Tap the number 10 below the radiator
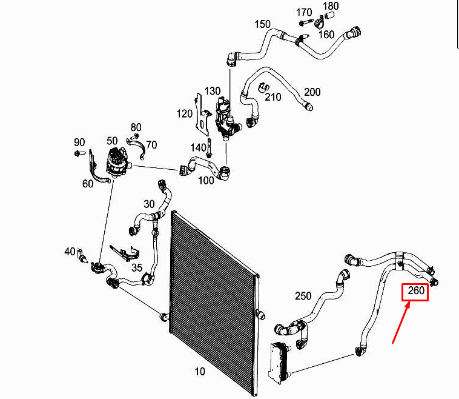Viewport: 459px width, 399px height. coord(199,371)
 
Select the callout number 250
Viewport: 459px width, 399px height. coord(303,297)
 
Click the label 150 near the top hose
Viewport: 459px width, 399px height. coord(262,24)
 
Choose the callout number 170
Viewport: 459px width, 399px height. coord(304,12)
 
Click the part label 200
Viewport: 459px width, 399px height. coord(312,92)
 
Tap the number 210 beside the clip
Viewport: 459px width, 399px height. coord(273,97)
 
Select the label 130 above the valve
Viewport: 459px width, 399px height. coord(213,91)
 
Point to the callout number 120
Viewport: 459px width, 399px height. coord(184,113)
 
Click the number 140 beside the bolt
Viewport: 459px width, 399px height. coord(198,147)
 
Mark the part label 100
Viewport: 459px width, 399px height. coord(206,180)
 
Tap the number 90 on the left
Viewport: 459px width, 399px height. coord(79,142)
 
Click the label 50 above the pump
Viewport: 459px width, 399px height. coord(112,141)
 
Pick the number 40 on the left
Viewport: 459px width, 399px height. coord(70,251)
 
